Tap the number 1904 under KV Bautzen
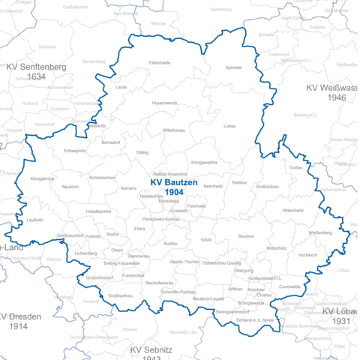coord(175,193)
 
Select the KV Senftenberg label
coord(37,66)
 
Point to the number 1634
coord(37,76)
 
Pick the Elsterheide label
coord(160,62)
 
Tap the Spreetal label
coord(233,67)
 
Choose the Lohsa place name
coord(229,126)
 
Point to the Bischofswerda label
coord(160,283)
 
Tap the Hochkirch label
coord(307,255)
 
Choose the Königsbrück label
coord(43,178)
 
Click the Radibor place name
coord(239,182)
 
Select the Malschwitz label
coord(293,211)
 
